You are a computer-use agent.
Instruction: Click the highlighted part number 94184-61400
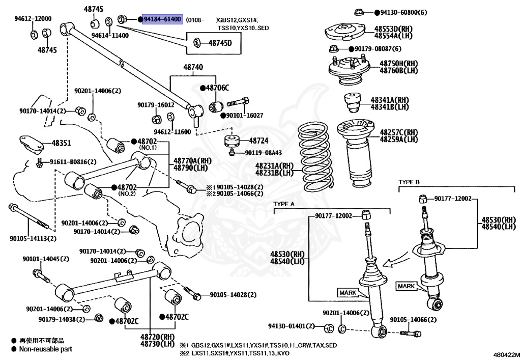click(162, 19)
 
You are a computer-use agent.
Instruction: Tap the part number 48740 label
click(193, 67)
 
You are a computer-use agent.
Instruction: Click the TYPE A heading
click(284, 204)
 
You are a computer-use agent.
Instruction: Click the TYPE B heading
click(409, 181)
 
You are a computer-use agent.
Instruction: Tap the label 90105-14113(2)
click(33, 238)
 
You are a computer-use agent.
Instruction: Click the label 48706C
click(217, 88)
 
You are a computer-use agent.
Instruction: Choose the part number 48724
click(258, 140)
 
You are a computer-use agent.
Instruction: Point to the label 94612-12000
click(33, 19)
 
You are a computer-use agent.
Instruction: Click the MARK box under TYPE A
click(347, 292)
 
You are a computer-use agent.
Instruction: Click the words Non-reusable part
click(46, 349)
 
